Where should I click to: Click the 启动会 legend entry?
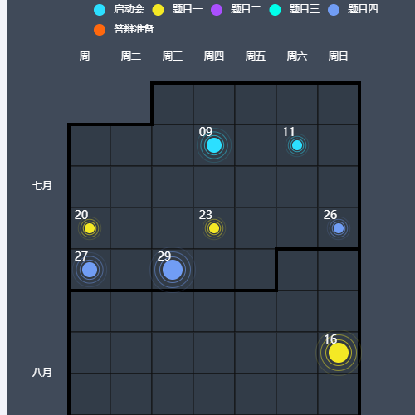pyautogui.click(x=119, y=9)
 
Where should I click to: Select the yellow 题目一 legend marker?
pyautogui.click(x=158, y=10)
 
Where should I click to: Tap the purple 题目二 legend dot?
pyautogui.click(x=217, y=10)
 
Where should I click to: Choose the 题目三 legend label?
pyautogui.click(x=305, y=9)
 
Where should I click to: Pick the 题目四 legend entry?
pyautogui.click(x=353, y=9)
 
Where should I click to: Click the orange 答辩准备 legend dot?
pyautogui.click(x=100, y=30)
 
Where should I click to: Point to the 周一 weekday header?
pyautogui.click(x=90, y=56)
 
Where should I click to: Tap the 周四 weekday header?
pyautogui.click(x=214, y=56)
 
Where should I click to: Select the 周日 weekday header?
pyautogui.click(x=338, y=56)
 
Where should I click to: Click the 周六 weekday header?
pyautogui.click(x=297, y=56)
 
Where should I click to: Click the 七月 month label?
pyautogui.click(x=42, y=186)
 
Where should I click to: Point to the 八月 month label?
pyautogui.click(x=42, y=373)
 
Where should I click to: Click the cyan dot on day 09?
pyautogui.click(x=214, y=145)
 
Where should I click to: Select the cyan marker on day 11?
pyautogui.click(x=297, y=145)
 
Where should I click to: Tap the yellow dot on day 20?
pyautogui.click(x=90, y=228)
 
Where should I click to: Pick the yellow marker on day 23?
pyautogui.click(x=214, y=228)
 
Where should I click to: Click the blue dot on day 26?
pyautogui.click(x=339, y=228)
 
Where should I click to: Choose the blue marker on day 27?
pyautogui.click(x=90, y=270)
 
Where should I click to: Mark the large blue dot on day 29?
pyautogui.click(x=173, y=270)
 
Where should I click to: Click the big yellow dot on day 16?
pyautogui.click(x=339, y=353)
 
